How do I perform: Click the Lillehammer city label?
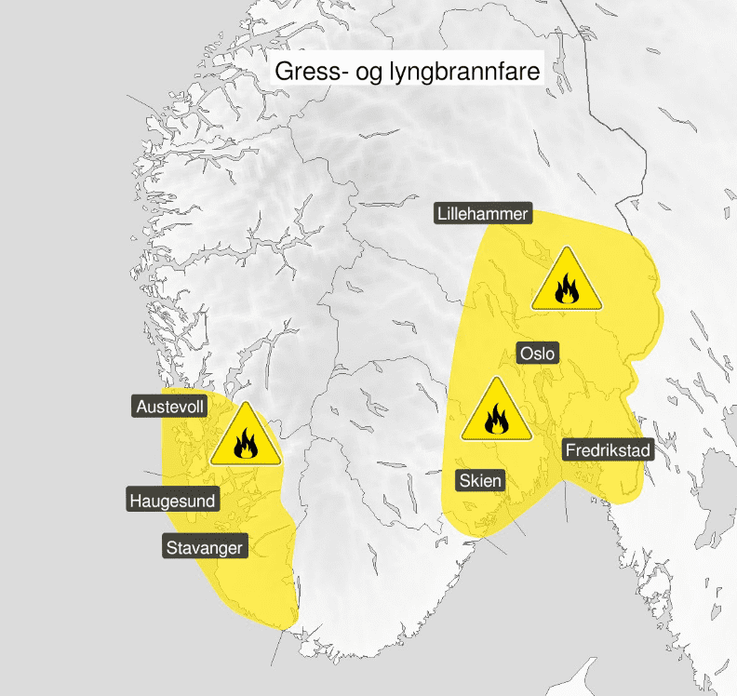[483, 214]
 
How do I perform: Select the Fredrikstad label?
[609, 450]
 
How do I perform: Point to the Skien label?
[480, 481]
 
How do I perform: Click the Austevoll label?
[170, 407]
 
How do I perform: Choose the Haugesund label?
[172, 501]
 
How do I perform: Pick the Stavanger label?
[205, 547]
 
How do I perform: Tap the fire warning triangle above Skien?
[497, 411]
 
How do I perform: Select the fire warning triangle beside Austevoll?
[245, 437]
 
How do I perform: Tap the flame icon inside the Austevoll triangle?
[245, 445]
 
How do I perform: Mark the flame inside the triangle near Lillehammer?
[567, 290]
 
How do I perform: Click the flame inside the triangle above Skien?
[497, 420]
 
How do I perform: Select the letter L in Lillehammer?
[442, 214]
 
